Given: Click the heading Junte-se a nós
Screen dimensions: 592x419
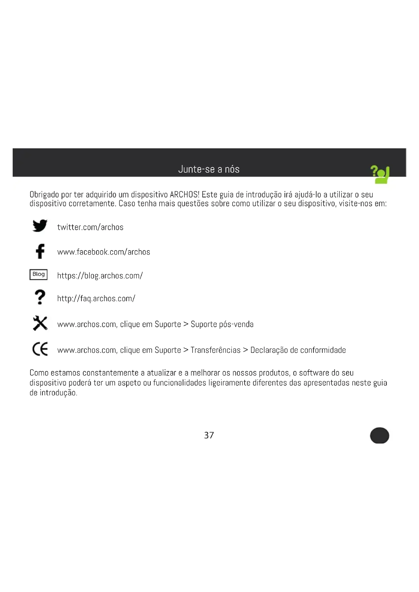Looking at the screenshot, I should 209,169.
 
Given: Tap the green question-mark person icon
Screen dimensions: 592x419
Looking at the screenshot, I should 380,174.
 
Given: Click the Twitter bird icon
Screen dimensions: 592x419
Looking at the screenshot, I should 40,226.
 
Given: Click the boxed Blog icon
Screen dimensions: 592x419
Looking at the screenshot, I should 39,274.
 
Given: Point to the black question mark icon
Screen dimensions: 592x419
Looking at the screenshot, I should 40,297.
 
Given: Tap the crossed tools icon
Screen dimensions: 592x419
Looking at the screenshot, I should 40,323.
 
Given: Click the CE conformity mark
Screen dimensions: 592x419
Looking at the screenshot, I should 40,349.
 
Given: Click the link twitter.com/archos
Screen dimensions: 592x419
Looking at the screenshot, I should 90,227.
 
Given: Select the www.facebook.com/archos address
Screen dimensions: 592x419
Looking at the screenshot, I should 103,252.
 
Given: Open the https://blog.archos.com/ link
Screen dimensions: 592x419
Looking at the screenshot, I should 100,276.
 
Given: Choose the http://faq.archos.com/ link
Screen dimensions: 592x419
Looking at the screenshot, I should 96,298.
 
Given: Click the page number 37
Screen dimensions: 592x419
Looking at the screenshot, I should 209,436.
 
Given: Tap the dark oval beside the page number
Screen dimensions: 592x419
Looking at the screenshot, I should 379,436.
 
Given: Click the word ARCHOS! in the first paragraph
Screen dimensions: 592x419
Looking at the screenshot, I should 184,194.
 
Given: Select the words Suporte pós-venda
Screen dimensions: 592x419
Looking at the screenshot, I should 222,324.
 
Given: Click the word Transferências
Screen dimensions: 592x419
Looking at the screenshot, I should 215,350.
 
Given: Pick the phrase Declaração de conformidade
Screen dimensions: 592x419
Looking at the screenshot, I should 298,350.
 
